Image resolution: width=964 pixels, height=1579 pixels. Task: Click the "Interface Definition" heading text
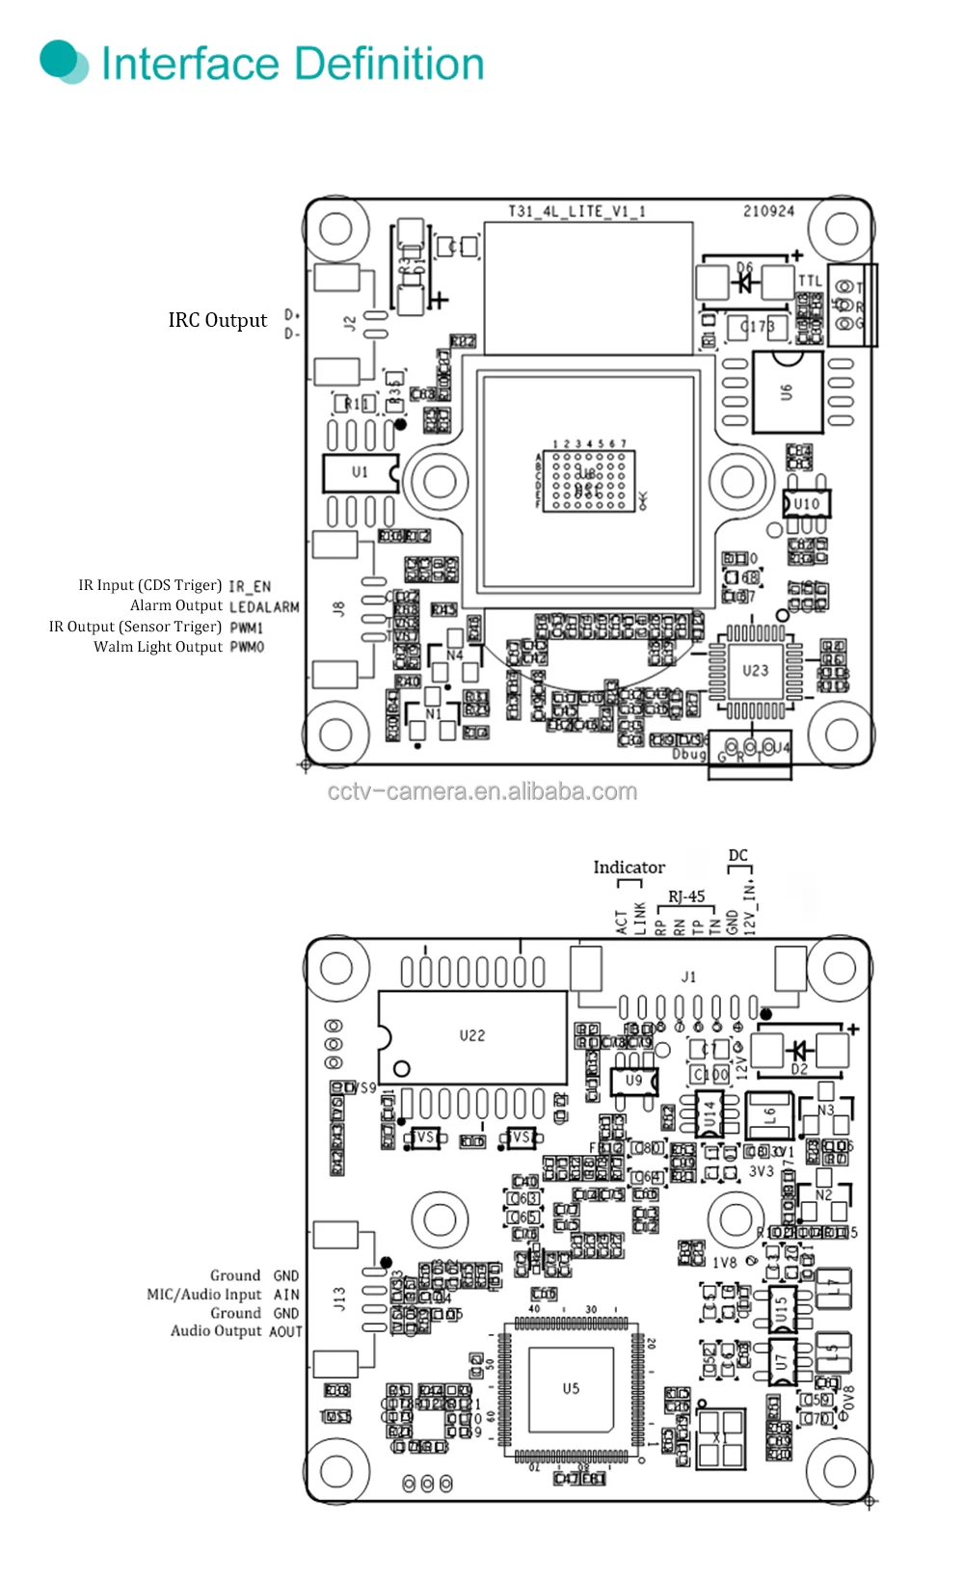[292, 64]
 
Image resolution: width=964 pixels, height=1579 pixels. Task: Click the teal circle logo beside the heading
[63, 61]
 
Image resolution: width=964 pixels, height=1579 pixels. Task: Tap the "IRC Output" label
[217, 320]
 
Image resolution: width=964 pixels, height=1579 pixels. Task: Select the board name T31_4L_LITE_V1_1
[576, 211]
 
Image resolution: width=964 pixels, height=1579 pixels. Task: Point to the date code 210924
[768, 211]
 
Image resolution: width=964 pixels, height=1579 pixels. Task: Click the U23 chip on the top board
[755, 670]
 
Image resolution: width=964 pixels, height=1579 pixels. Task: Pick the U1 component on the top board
[360, 472]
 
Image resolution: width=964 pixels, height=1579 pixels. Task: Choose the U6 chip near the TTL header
[788, 392]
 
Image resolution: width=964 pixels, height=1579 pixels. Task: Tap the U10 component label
[806, 503]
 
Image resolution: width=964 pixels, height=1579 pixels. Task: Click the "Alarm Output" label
[176, 605]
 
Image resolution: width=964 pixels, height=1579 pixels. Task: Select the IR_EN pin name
[250, 586]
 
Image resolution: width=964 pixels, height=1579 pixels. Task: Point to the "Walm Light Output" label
[158, 647]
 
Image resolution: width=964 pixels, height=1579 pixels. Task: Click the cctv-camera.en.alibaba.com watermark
[482, 791]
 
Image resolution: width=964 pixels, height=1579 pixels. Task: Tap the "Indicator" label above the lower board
[629, 868]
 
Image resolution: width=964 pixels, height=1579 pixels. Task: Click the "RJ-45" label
[686, 897]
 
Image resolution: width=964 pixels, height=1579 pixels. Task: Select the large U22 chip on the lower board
[471, 1036]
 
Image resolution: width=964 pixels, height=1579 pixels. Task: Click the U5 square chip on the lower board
[571, 1389]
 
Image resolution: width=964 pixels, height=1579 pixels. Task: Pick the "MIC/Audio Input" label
[203, 1295]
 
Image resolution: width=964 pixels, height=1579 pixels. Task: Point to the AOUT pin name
[285, 1331]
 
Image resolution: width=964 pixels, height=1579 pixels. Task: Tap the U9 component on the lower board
[633, 1081]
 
